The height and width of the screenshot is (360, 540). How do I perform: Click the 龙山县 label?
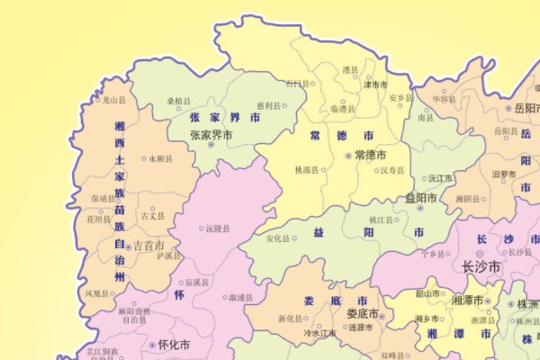pos(115,101)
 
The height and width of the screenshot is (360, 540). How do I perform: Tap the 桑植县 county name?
pos(180,102)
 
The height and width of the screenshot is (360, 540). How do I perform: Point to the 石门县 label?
pos(296,84)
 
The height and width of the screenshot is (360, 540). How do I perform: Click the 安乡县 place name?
pos(400,97)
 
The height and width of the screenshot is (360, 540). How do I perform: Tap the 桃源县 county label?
pos(307,169)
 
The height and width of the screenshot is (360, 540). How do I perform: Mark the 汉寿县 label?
pos(391,169)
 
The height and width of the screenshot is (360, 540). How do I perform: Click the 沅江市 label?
pos(440,178)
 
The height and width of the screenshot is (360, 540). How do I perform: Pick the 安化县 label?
pos(279,238)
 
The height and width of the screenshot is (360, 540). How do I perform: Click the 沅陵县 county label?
pos(218,229)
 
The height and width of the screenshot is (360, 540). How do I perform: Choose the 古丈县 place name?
pos(153,216)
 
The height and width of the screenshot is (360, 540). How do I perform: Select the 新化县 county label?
pos(290,319)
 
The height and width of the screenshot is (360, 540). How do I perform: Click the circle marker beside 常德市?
pos(349,156)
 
